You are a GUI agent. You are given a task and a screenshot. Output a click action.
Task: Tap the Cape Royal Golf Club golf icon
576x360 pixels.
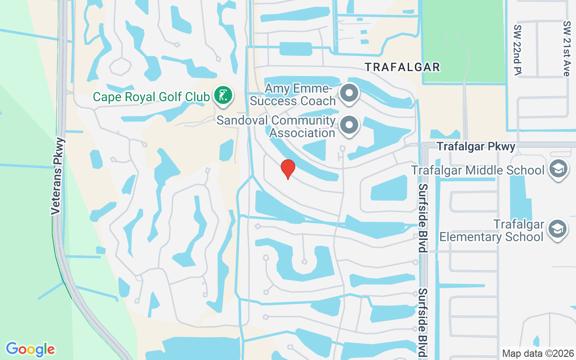223,95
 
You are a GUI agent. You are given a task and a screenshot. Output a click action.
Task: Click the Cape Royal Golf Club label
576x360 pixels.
151,97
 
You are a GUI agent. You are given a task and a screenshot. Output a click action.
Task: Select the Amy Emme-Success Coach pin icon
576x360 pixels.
349,93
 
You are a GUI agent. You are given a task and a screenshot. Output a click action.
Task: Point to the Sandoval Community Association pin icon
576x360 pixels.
349,125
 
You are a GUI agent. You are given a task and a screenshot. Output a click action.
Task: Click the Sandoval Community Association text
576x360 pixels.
276,127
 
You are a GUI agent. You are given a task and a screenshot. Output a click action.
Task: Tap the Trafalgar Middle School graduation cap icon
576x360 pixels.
558,170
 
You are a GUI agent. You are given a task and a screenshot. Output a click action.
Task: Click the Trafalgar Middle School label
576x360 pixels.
478,171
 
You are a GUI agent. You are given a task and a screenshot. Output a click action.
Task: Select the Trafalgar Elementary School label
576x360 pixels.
492,230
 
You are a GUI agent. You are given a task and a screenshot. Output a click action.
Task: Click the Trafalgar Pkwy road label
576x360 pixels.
476,147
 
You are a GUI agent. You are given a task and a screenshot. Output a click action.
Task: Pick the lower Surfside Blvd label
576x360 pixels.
423,323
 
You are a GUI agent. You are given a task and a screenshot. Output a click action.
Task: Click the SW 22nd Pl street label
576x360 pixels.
517,49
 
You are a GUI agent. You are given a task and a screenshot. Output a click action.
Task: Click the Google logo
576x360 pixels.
30,349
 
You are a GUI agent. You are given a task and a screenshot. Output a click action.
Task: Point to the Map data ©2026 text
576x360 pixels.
538,353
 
